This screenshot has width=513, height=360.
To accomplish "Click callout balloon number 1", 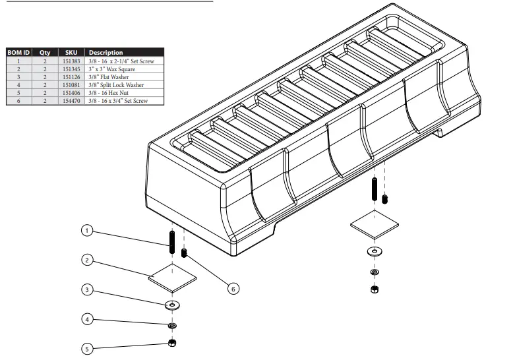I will click(86, 231).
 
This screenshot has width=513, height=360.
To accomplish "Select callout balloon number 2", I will click(86, 260).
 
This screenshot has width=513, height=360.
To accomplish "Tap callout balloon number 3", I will click(86, 290).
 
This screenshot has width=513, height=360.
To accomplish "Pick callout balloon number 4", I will click(86, 319).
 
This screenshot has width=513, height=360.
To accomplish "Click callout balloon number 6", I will click(233, 288).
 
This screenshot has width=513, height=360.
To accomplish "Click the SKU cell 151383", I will click(71, 61).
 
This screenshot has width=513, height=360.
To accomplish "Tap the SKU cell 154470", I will click(71, 101).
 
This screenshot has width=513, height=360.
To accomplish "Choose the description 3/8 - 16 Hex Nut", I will click(107, 93).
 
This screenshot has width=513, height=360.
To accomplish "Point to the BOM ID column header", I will click(18, 52).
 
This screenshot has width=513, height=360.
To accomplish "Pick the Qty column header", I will click(45, 52).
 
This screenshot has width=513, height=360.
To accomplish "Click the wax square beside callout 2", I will click(173, 278).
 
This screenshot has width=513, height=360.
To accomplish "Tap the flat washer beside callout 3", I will click(173, 305).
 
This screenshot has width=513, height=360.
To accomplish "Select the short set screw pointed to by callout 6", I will click(185, 253).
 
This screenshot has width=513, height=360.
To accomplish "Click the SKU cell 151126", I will click(71, 76).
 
